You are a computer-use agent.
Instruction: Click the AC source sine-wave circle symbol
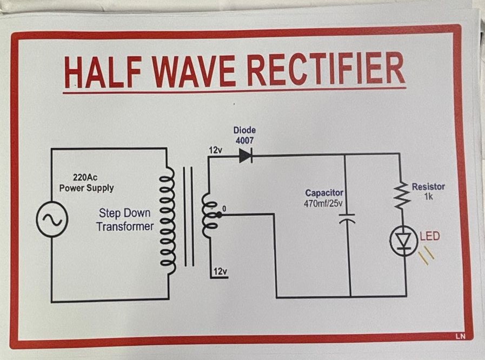(52, 219)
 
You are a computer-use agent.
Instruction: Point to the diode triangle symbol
(245, 156)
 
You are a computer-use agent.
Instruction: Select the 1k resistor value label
(428, 197)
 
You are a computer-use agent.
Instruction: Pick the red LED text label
(430, 236)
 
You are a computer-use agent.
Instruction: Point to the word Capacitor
(324, 193)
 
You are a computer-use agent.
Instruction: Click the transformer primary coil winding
(168, 222)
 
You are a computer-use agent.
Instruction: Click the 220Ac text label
(85, 177)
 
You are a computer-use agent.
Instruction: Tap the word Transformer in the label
(125, 226)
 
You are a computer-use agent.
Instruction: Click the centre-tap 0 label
(223, 209)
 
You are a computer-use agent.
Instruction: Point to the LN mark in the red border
(460, 336)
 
